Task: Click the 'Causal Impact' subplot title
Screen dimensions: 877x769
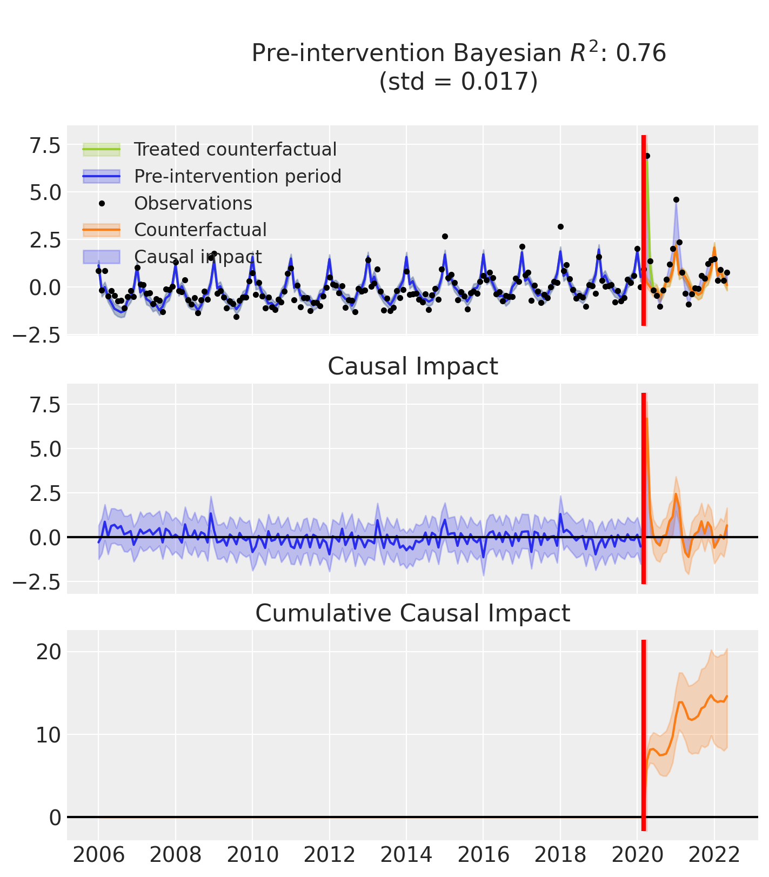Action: tap(412, 367)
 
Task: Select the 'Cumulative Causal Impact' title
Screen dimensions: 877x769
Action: tap(412, 614)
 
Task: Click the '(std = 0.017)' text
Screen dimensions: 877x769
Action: tap(458, 82)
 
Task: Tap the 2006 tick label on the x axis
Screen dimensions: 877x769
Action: tap(99, 855)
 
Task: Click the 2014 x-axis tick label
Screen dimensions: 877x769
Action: tap(407, 855)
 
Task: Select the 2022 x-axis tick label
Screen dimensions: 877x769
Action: tap(714, 855)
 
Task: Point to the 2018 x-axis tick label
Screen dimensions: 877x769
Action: tap(560, 855)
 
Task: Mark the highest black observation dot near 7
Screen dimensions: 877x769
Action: tap(647, 156)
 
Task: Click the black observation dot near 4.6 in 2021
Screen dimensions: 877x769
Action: tap(676, 199)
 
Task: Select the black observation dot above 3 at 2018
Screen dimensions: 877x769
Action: tap(560, 226)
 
